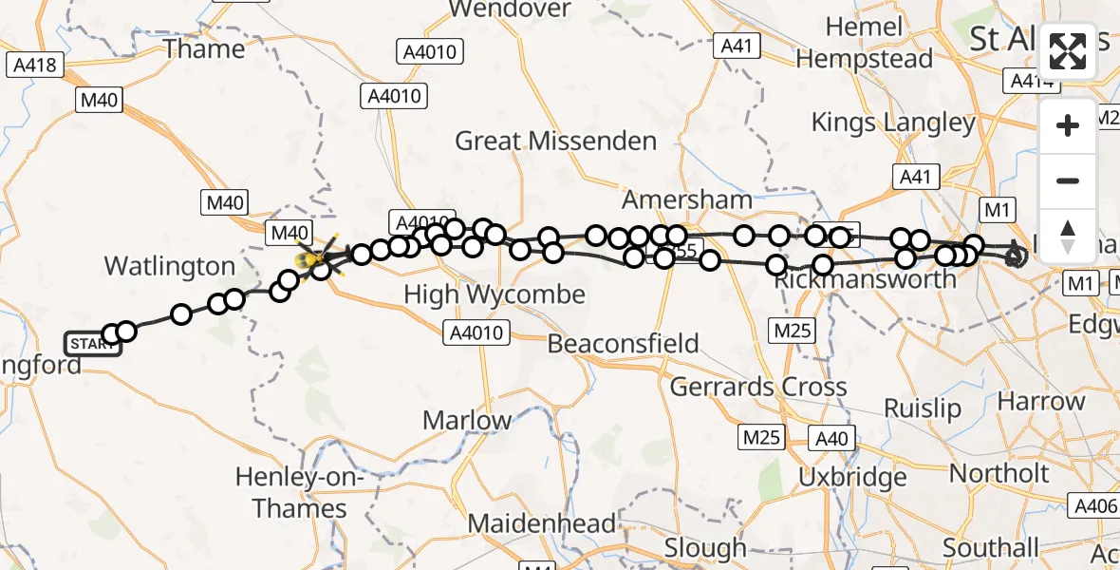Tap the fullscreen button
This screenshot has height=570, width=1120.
coord(1068,51)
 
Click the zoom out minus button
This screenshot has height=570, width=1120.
coord(1068,180)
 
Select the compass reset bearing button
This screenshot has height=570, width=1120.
coord(1068,236)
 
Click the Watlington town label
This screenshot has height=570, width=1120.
coord(169,265)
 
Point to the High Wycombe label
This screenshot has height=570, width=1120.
coord(494,294)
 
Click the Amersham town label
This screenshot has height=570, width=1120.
coord(687,199)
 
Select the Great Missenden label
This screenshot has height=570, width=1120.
coord(555,142)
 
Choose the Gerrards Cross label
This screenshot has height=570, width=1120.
coord(758,387)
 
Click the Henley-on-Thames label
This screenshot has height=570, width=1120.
coord(300,493)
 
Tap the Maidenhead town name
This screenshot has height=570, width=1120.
coord(541,523)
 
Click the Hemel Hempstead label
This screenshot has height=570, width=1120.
coord(865,43)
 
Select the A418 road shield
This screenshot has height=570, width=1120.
coord(35,66)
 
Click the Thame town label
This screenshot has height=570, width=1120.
coord(204,48)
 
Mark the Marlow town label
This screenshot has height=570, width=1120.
coord(467,419)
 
